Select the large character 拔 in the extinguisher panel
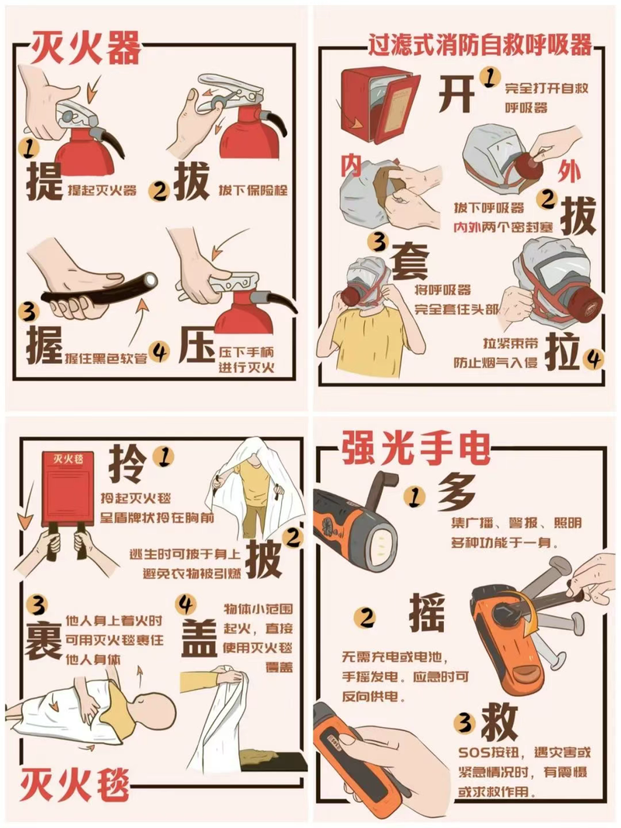[190, 183]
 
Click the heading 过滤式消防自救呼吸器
[479, 45]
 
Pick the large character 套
[410, 261]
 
